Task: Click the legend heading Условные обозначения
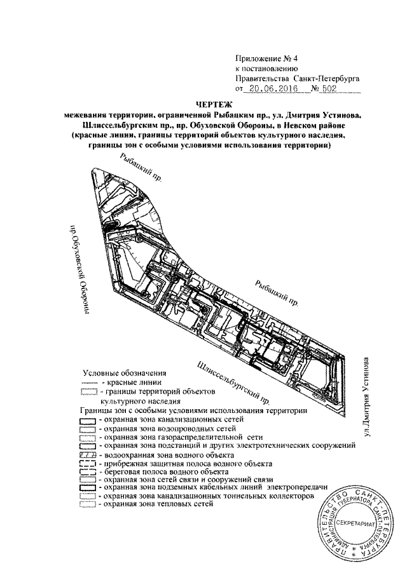click(120, 374)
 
